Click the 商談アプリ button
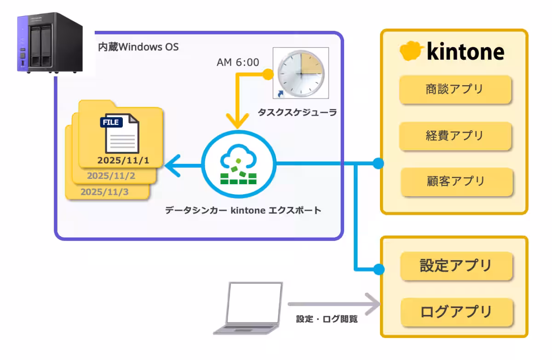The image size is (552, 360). [455, 89]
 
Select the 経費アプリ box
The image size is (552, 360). [455, 136]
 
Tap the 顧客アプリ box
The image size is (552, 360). [456, 181]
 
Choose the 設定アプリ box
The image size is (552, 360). [456, 266]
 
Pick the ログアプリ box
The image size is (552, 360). [456, 312]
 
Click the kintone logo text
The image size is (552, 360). [466, 52]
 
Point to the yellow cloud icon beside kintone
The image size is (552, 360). [411, 51]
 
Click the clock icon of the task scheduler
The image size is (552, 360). [301, 73]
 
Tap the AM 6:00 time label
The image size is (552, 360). [237, 62]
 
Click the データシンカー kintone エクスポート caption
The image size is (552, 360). [243, 211]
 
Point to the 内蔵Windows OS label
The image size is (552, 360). [138, 47]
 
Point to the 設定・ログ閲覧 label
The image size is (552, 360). [327, 319]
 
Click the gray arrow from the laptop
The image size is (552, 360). [333, 304]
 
